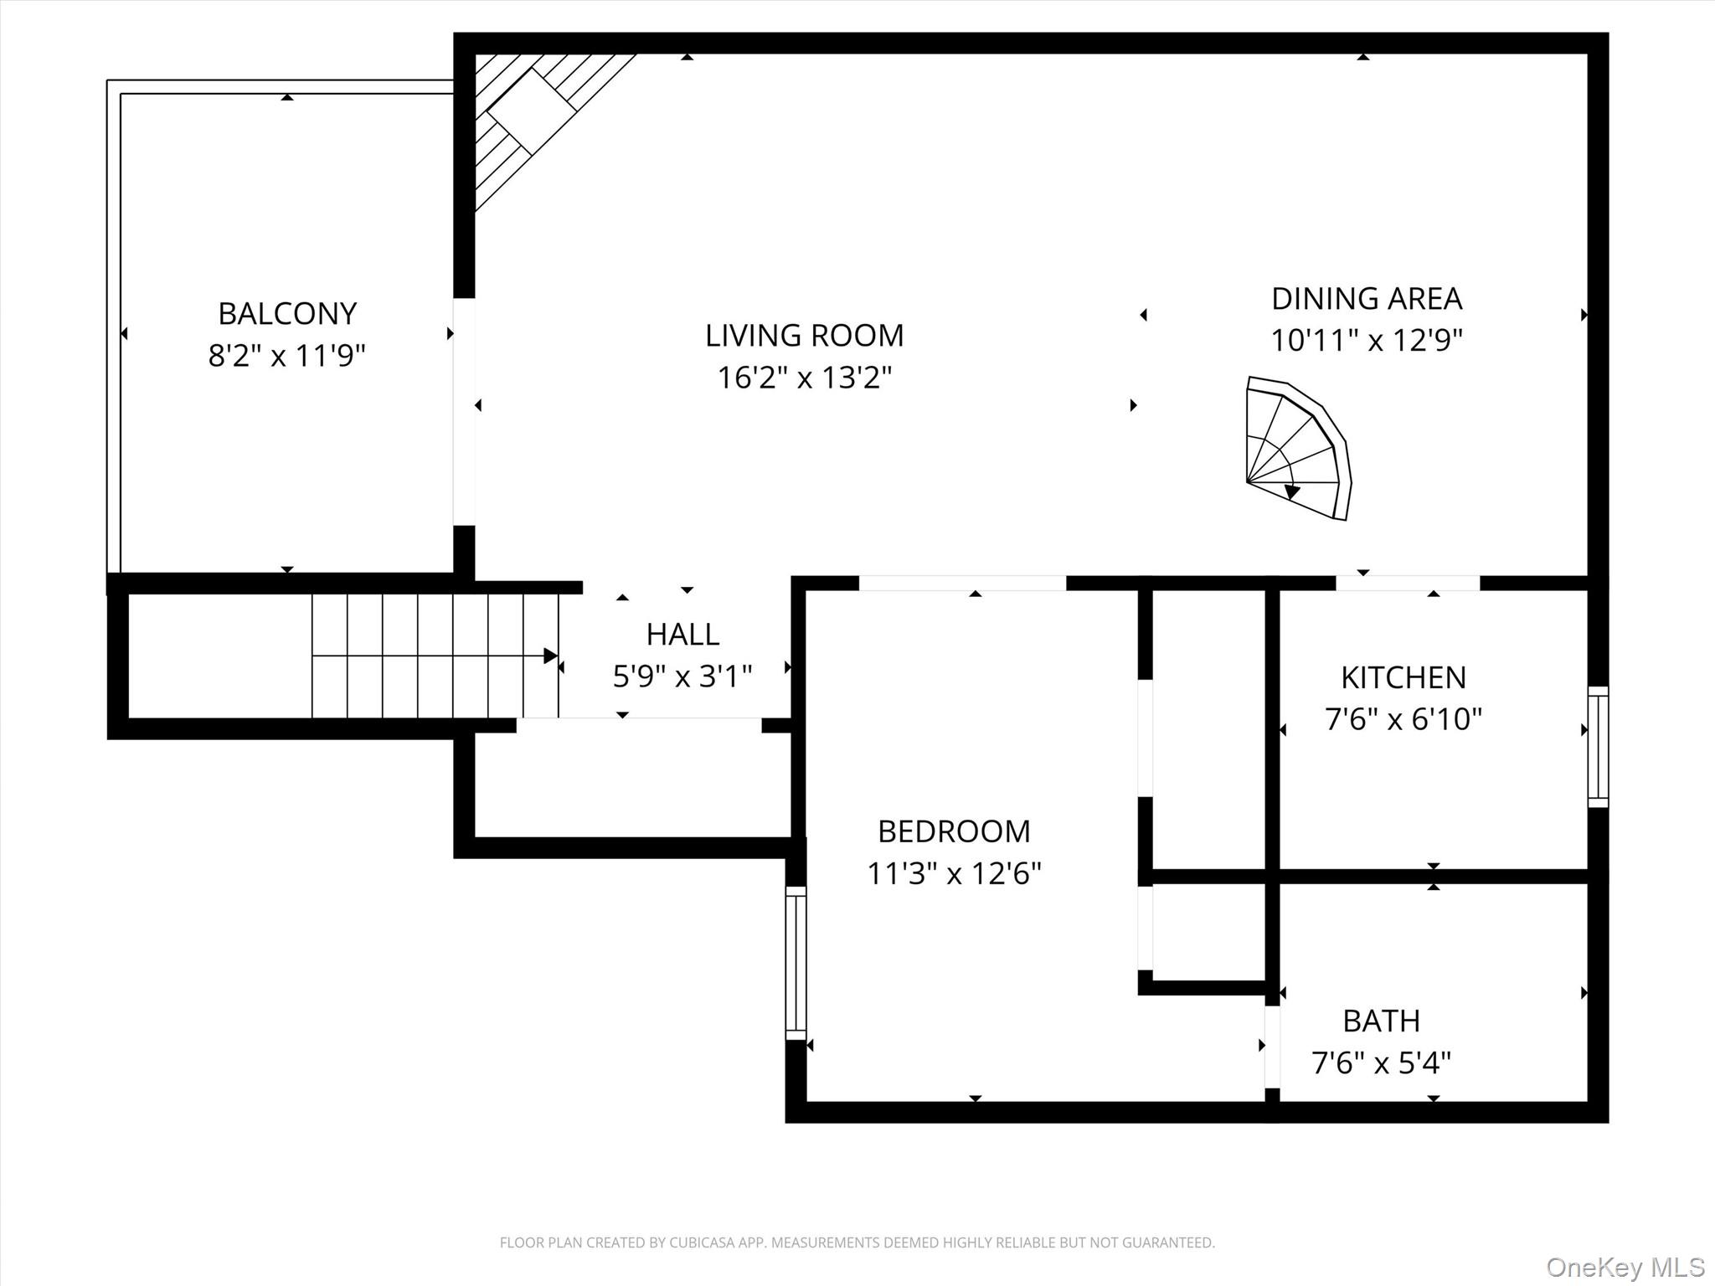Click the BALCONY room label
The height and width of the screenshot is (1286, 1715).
(x=287, y=314)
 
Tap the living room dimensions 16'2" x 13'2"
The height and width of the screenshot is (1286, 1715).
(x=804, y=378)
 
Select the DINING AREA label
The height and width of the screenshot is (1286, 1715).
(x=1366, y=299)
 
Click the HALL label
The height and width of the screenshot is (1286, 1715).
(x=682, y=635)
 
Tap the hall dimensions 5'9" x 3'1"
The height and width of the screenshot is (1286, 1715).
(x=682, y=676)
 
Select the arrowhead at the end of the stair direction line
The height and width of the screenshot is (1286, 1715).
(x=551, y=656)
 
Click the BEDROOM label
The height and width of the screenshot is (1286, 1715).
(x=954, y=831)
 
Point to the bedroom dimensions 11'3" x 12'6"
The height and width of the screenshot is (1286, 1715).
(x=954, y=874)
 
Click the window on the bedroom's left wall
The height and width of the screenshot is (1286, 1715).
(x=796, y=963)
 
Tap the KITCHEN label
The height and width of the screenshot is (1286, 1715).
(x=1403, y=677)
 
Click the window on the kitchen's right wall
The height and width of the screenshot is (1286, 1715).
(x=1598, y=747)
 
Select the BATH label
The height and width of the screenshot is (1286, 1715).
(x=1381, y=1021)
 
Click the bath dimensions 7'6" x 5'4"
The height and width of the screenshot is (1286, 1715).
(x=1381, y=1063)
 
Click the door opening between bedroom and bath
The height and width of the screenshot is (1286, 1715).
(x=1271, y=1047)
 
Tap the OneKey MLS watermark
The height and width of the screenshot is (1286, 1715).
(x=1625, y=1267)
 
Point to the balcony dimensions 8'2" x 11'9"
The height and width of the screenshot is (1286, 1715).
(x=287, y=357)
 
